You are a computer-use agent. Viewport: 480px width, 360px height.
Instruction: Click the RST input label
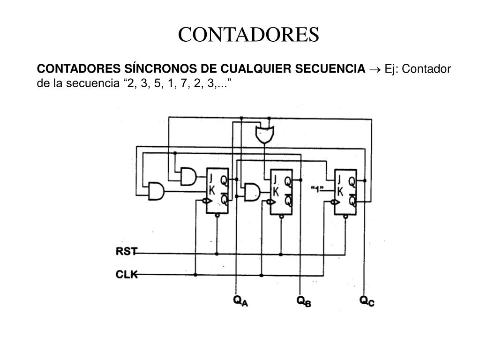(126, 251)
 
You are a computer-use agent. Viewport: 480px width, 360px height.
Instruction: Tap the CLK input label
(127, 274)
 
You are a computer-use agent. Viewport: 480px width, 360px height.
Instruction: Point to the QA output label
(240, 301)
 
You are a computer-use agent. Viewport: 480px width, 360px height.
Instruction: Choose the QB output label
(304, 301)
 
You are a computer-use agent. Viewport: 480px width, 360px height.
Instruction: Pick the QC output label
(367, 301)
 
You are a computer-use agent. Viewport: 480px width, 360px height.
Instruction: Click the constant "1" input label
(317, 190)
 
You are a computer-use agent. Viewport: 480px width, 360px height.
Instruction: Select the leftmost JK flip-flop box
(217, 191)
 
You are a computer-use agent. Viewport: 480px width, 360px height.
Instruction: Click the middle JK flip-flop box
(281, 192)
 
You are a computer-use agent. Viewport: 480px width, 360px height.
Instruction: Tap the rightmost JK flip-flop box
(345, 192)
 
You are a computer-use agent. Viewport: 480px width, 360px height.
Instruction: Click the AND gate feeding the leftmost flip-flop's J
(188, 176)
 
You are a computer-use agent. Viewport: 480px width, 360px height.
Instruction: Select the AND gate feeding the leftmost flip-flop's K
(156, 191)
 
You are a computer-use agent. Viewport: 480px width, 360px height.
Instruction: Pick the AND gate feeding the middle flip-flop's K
(252, 192)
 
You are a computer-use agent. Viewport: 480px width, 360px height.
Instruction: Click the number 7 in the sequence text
(184, 83)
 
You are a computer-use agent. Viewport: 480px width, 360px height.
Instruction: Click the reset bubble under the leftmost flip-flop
(217, 216)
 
